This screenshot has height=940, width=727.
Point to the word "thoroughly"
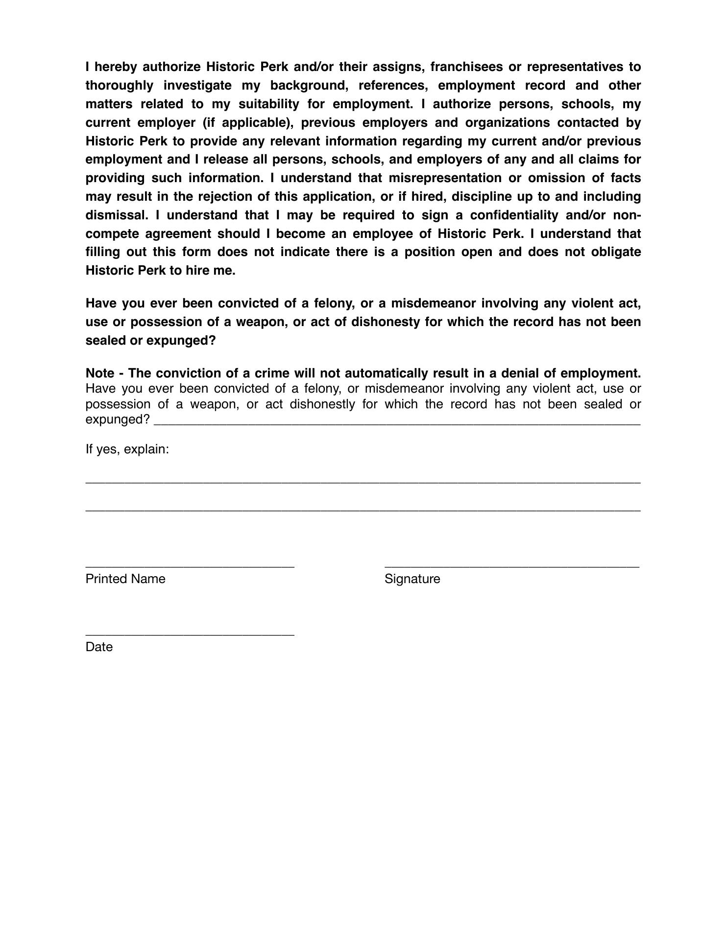tap(120, 85)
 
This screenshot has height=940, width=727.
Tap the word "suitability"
tap(268, 104)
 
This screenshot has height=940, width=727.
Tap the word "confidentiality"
tap(514, 215)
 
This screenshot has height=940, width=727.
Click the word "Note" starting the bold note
tap(100, 373)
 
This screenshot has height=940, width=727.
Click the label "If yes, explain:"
tap(127, 449)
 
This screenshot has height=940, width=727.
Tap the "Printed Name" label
tap(125, 579)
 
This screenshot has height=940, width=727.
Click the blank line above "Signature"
tap(512, 566)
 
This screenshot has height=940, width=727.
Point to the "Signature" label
tap(412, 579)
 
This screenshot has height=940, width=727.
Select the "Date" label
tap(99, 647)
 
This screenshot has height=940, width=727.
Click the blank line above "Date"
tap(190, 634)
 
